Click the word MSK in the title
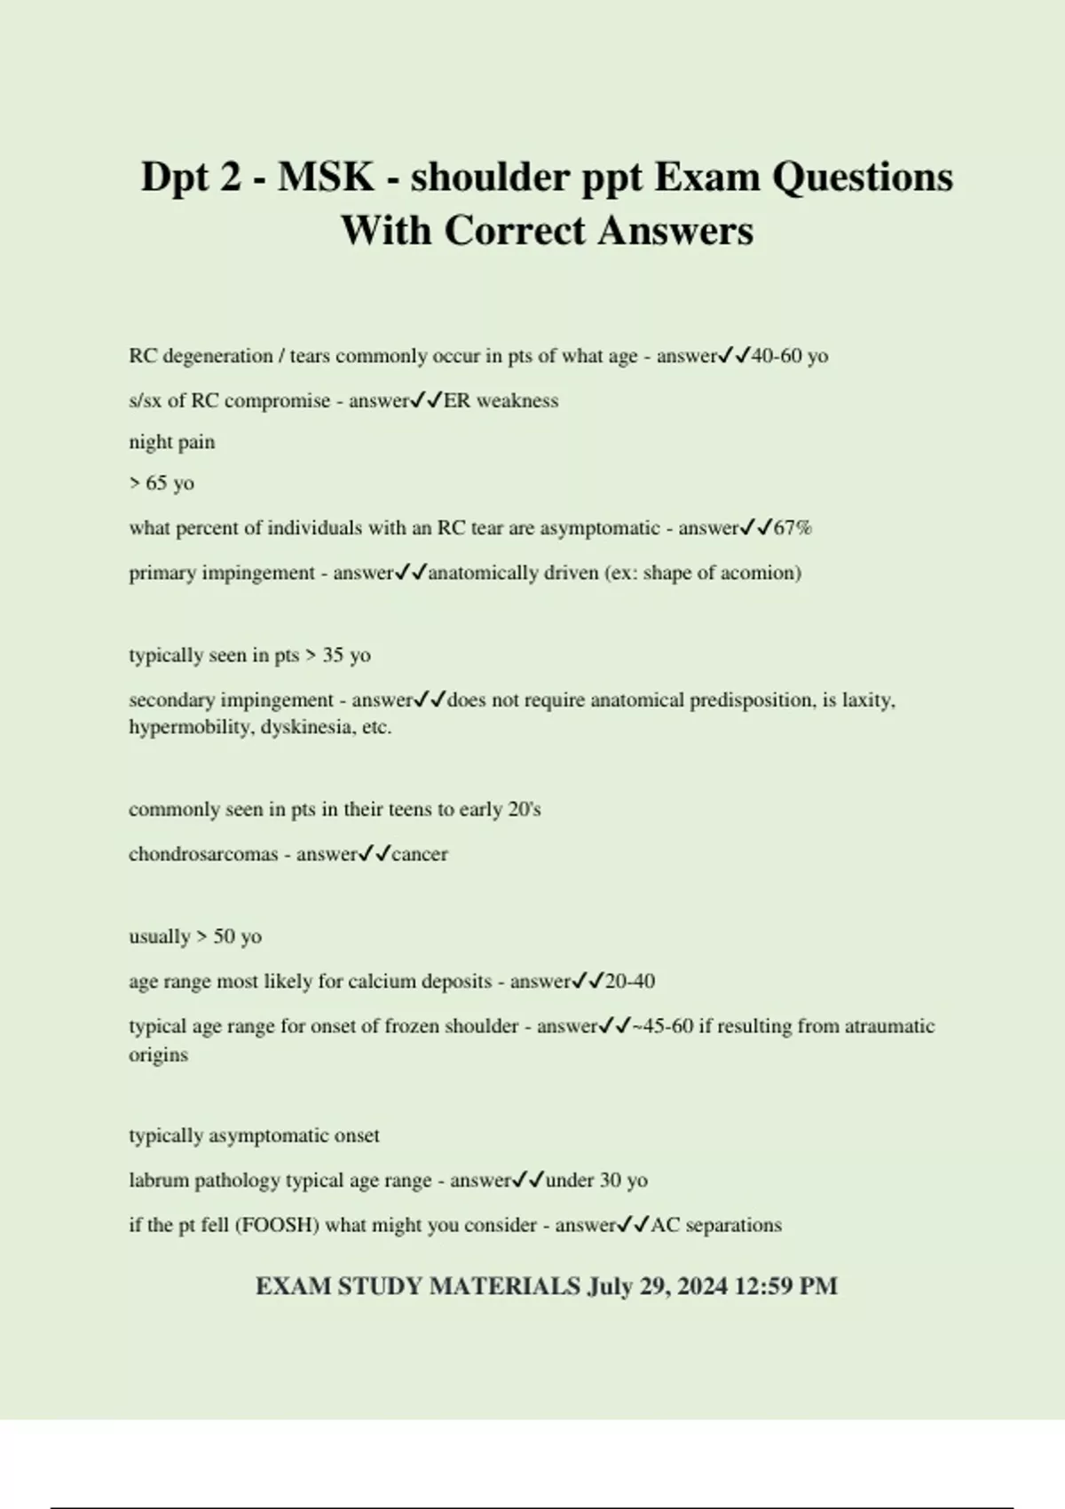click(x=325, y=177)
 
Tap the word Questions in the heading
click(x=862, y=177)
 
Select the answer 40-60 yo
click(x=789, y=356)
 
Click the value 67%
click(x=793, y=528)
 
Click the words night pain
click(x=171, y=442)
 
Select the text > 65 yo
click(x=162, y=483)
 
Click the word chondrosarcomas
click(x=203, y=854)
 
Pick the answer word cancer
click(x=420, y=854)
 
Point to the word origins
click(x=158, y=1055)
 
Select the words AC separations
click(x=716, y=1225)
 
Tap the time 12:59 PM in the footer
click(x=786, y=1286)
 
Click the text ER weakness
click(x=501, y=400)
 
